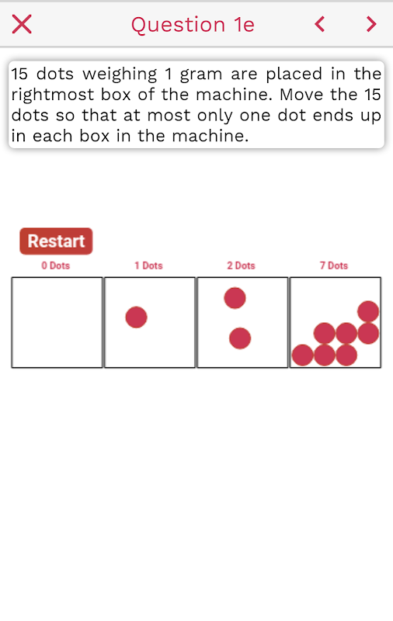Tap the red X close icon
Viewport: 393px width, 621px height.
(22, 24)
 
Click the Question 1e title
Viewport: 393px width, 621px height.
(193, 25)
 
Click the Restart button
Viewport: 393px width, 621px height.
(56, 241)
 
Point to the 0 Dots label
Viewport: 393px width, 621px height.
(56, 265)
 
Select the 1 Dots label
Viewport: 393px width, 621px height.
(148, 265)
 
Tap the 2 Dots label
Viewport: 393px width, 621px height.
(242, 265)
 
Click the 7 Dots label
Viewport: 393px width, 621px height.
(334, 265)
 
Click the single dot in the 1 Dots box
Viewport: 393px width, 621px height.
(136, 317)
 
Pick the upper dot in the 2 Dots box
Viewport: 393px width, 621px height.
(235, 298)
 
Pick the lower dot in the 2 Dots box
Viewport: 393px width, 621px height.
(240, 338)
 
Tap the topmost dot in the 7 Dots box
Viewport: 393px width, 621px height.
(368, 311)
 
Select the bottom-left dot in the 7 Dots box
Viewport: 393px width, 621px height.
(303, 355)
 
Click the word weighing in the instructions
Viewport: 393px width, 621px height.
(120, 75)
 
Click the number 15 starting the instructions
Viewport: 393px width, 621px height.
(19, 74)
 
